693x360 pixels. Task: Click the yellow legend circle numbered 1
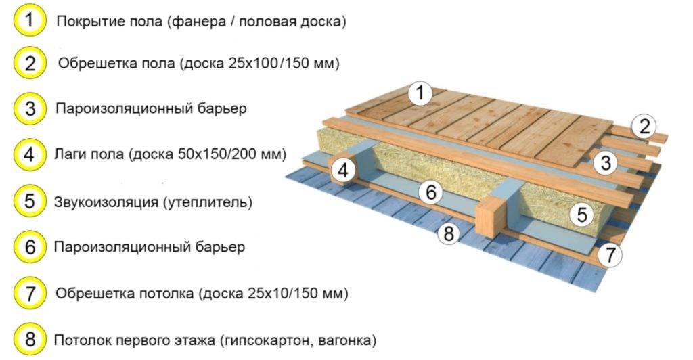(30, 20)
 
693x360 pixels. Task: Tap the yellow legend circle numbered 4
(30, 154)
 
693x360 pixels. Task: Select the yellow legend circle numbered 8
(30, 339)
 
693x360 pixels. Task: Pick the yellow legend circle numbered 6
(30, 247)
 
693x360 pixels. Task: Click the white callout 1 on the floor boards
(420, 93)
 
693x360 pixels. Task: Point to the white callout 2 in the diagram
(644, 127)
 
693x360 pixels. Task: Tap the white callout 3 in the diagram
(605, 163)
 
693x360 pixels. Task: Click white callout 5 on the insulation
(582, 215)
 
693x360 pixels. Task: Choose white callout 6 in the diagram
(430, 192)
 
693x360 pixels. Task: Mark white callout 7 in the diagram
(610, 255)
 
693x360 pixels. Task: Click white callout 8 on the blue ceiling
(449, 233)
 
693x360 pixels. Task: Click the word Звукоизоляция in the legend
(106, 202)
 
